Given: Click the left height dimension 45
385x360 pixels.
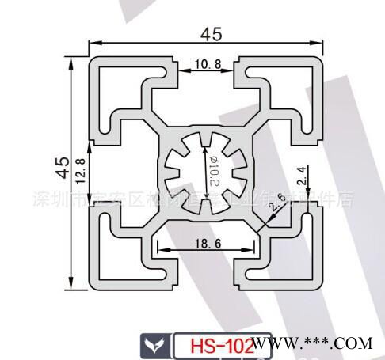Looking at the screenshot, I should pyautogui.click(x=61, y=166).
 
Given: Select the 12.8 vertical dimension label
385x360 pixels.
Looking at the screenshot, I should pyautogui.click(x=79, y=170).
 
